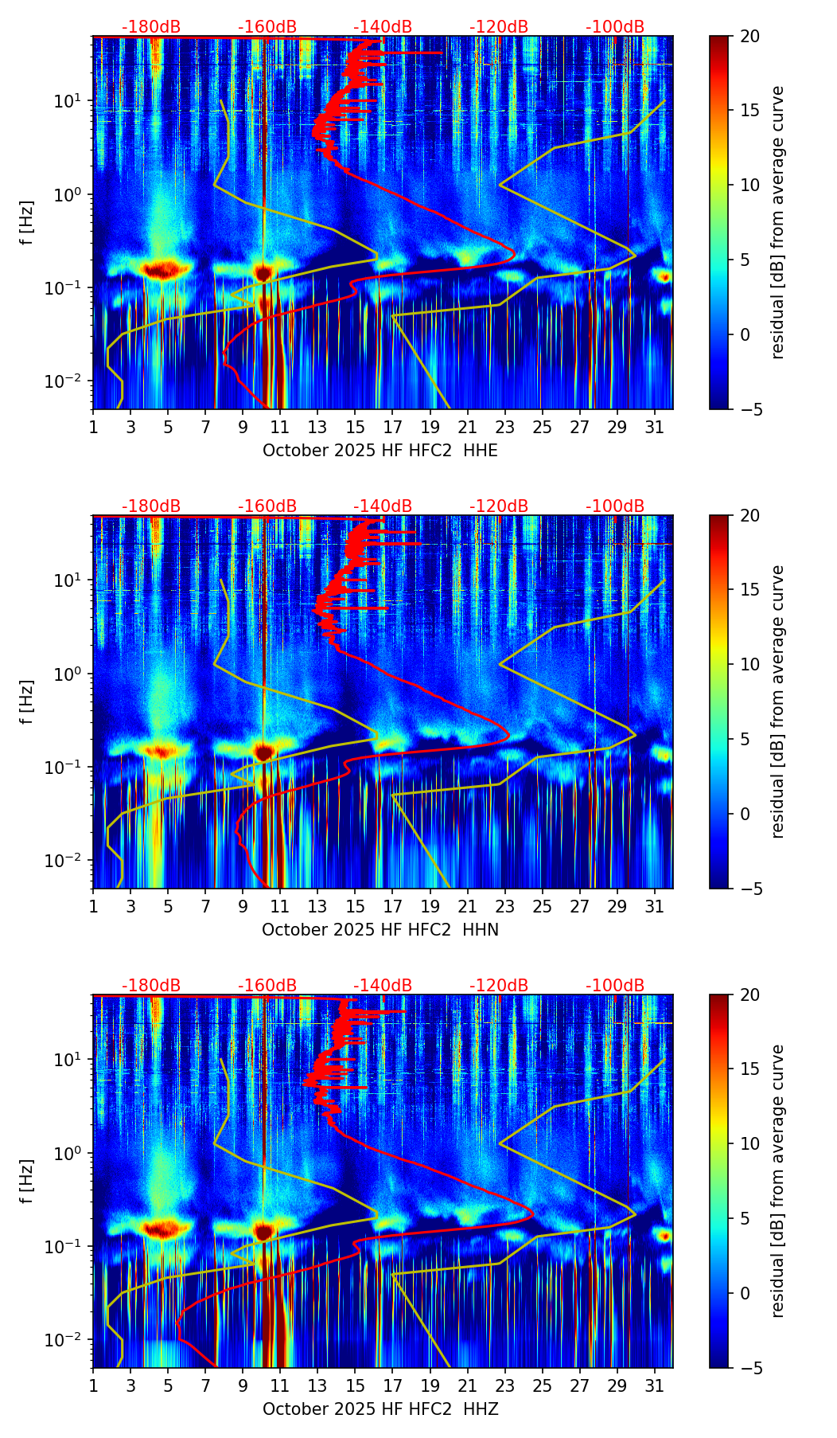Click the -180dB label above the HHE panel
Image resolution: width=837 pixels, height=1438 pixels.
[x=151, y=27]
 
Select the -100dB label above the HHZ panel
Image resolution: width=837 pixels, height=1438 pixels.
[x=615, y=986]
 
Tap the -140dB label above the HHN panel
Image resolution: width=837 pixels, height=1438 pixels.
[x=383, y=506]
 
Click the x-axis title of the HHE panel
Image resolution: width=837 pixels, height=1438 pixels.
[x=380, y=451]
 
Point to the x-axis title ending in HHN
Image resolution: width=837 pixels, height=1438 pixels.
[x=380, y=930]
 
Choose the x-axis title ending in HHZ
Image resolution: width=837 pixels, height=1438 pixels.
[x=380, y=1409]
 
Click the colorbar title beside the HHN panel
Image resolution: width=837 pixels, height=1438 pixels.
[x=778, y=701]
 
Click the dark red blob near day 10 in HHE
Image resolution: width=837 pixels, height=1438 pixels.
[x=263, y=273]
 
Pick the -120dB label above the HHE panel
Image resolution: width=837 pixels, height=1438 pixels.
[x=499, y=27]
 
